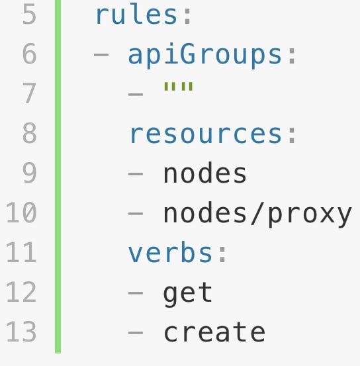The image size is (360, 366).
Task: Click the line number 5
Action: pos(29,15)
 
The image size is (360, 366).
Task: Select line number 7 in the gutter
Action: pos(29,93)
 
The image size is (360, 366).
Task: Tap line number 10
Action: pos(21,212)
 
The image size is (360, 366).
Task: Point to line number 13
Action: pos(21,332)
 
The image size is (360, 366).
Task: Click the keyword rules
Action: pos(136,14)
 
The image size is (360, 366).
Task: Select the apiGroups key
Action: pos(204,56)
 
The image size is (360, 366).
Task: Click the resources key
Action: pos(206,134)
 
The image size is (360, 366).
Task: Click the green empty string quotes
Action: pos(179,86)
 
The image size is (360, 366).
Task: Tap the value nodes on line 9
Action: pos(205,173)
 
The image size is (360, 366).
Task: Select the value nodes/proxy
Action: pos(257,214)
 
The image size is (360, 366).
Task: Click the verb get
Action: pos(188,294)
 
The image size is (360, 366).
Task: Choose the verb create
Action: pos(214,332)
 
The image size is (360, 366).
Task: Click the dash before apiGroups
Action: pos(101,55)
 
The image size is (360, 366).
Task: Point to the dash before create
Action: pos(136,333)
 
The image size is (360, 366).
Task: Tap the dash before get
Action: pos(136,293)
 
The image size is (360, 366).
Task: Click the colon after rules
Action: pos(187,17)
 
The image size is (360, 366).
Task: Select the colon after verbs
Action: pos(223,254)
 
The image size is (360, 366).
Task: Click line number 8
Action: pos(29,133)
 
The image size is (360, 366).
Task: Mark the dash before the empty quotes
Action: pos(136,95)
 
